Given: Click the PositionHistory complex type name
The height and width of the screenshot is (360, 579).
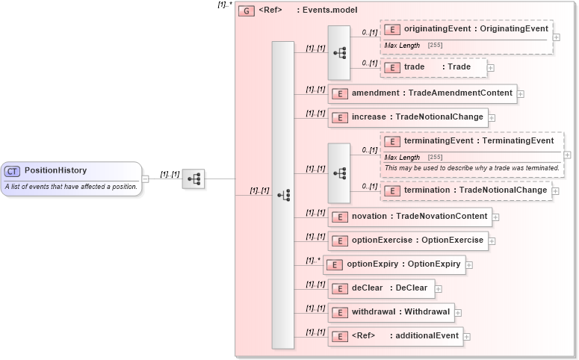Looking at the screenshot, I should (55, 170).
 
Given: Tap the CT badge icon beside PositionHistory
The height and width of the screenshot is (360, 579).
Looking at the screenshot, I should (13, 171).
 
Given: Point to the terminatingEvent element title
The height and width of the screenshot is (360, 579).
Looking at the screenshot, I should (478, 141).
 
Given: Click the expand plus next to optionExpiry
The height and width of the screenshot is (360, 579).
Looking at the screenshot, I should (469, 265).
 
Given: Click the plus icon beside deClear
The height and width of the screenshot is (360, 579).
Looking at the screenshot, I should (439, 289).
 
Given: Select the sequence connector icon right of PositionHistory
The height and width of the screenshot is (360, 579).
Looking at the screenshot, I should (193, 179).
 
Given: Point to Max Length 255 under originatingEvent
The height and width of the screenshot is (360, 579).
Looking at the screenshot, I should (414, 46).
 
